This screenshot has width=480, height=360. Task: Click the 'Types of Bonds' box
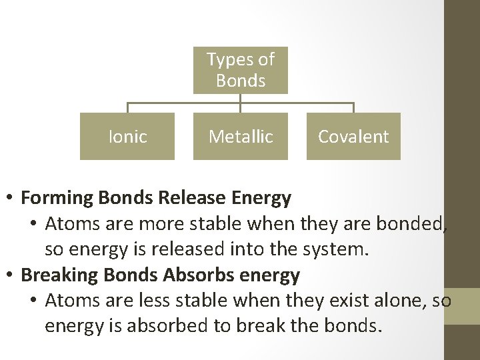240,69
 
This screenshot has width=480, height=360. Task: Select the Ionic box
127,137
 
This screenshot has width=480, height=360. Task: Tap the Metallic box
240,137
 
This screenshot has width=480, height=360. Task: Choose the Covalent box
353,137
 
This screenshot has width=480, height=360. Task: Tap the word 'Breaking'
55,274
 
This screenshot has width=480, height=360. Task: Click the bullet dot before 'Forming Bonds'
11,199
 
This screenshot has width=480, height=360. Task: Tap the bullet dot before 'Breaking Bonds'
11,275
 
